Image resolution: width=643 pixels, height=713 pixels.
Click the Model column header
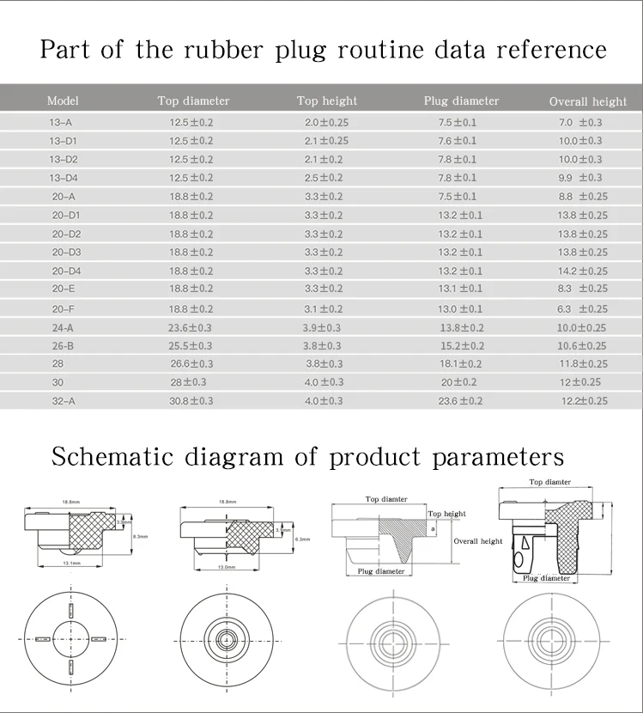63,101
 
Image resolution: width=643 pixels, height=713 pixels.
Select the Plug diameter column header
461,101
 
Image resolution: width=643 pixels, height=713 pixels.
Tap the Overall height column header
588,101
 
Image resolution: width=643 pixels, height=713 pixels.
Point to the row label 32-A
64,400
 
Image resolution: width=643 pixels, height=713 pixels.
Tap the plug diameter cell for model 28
461,363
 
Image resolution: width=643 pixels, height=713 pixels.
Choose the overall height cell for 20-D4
582,271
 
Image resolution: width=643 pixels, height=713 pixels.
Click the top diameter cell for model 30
188,381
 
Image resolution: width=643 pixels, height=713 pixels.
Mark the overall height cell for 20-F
582,308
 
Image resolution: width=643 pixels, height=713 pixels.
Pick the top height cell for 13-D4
324,178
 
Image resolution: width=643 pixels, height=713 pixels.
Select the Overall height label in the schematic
478,541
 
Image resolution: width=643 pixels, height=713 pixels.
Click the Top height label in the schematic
446,514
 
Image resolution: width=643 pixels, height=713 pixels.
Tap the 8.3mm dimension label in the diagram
142,536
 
